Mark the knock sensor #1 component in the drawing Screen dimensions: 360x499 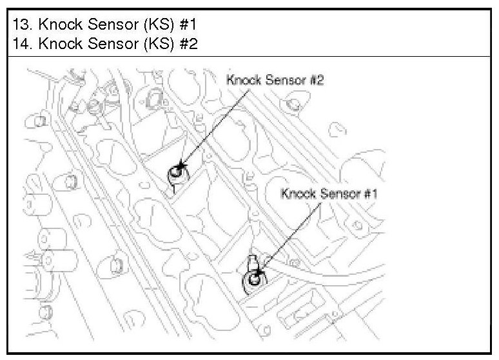253,279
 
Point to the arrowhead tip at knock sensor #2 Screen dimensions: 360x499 180,168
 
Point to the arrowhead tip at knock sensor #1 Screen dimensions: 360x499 257,275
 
